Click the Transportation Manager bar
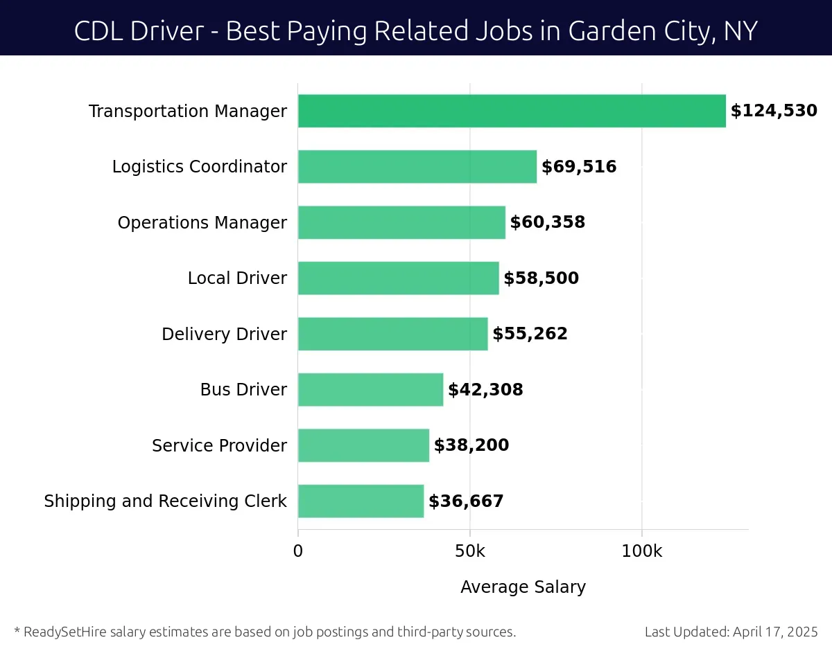pyautogui.click(x=512, y=111)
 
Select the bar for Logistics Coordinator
pyautogui.click(x=417, y=167)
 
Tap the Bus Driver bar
pyautogui.click(x=370, y=390)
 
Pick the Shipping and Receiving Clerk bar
pyautogui.click(x=361, y=501)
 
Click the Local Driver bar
pyautogui.click(x=398, y=278)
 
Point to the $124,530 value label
pyautogui.click(x=774, y=111)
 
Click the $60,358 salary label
pyautogui.click(x=548, y=222)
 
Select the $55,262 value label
pyautogui.click(x=530, y=334)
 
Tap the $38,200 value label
pyautogui.click(x=471, y=445)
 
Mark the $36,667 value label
pyautogui.click(x=466, y=501)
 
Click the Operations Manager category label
pyautogui.click(x=202, y=222)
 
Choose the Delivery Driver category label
pyautogui.click(x=224, y=334)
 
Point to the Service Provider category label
pyautogui.click(x=219, y=445)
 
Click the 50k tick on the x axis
pyautogui.click(x=470, y=551)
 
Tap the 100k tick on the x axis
pyautogui.click(x=641, y=551)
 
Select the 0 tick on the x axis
pyautogui.click(x=298, y=551)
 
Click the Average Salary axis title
pyautogui.click(x=523, y=587)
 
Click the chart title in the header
pyautogui.click(x=416, y=30)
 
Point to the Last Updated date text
pyautogui.click(x=731, y=632)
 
